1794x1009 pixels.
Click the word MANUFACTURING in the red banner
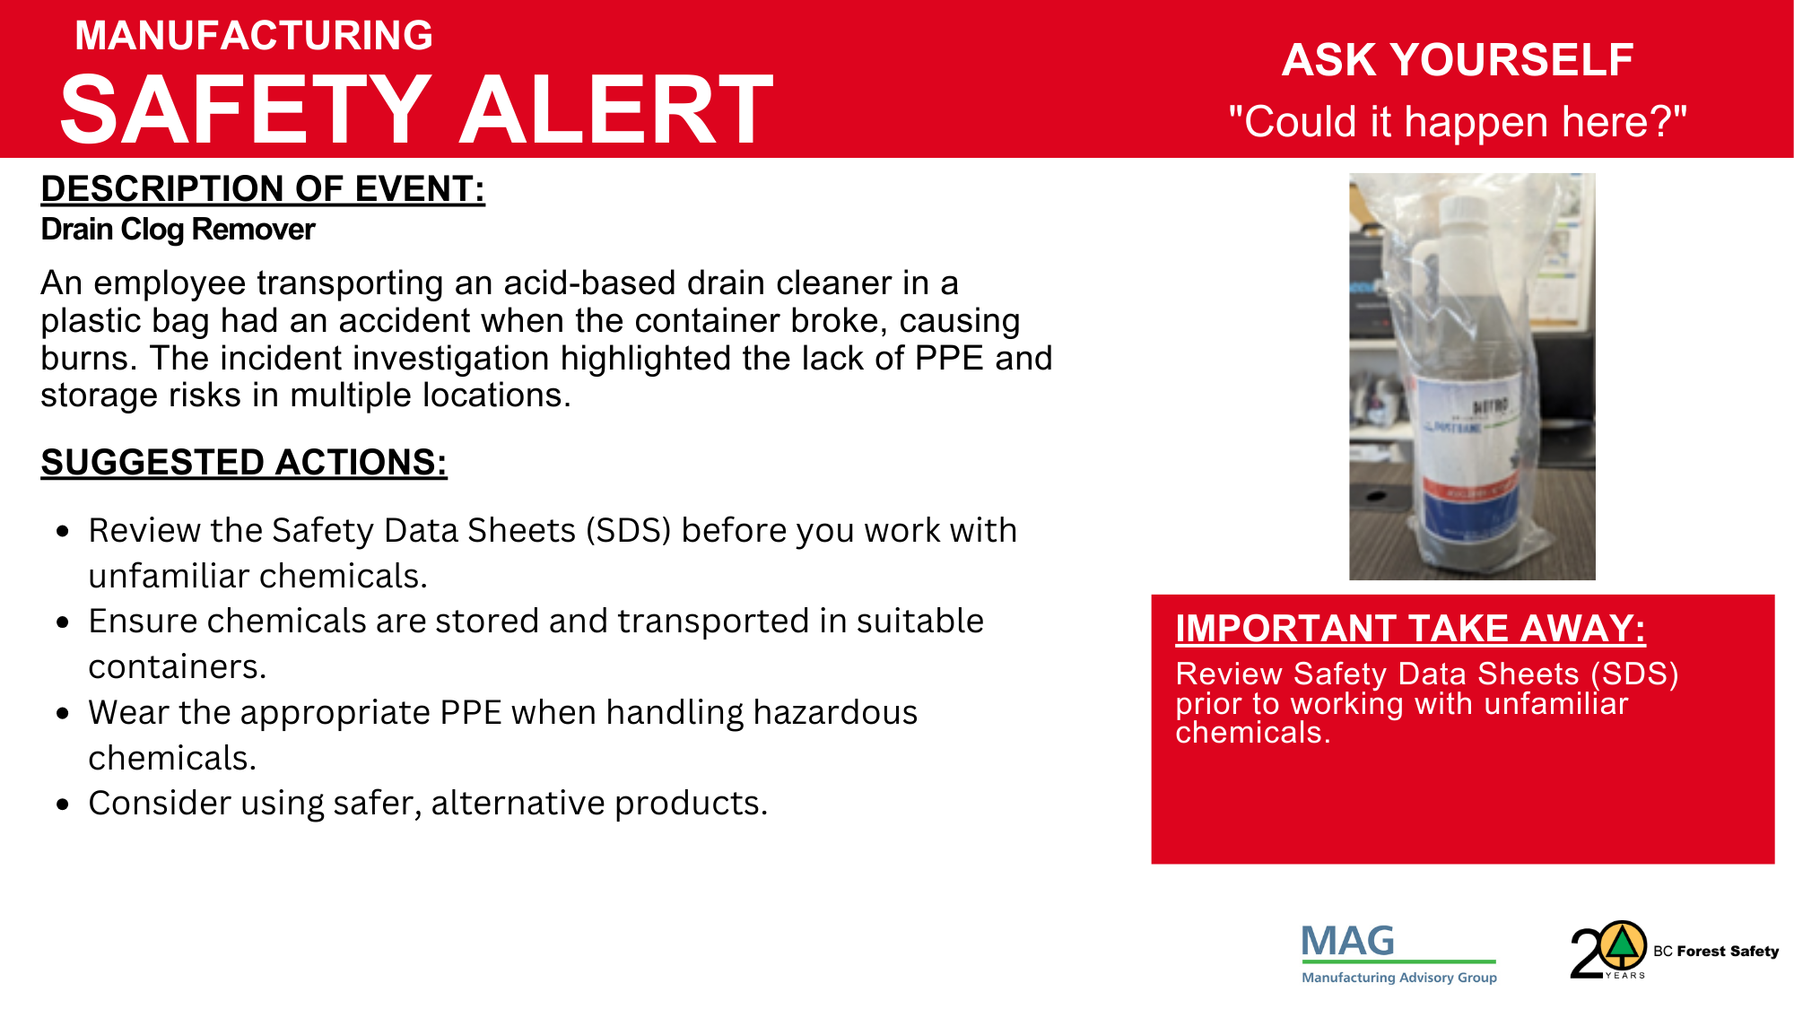254,36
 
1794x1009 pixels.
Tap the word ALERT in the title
616,109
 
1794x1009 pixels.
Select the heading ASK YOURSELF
1457,60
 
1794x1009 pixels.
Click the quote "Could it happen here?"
1458,121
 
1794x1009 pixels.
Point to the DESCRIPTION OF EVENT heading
263,189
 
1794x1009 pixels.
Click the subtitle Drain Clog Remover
178,230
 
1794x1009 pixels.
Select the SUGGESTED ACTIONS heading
244,463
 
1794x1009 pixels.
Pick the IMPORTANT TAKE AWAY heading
1410,629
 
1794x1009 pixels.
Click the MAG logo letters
1348,942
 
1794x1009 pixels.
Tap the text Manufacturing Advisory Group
1399,978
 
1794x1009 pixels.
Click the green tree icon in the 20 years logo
1621,944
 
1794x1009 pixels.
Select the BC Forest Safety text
1716,952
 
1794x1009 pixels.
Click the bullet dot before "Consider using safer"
62,805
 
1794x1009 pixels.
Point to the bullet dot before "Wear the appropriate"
62,714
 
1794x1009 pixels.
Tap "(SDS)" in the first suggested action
629,531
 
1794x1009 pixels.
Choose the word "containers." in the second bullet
178,667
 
